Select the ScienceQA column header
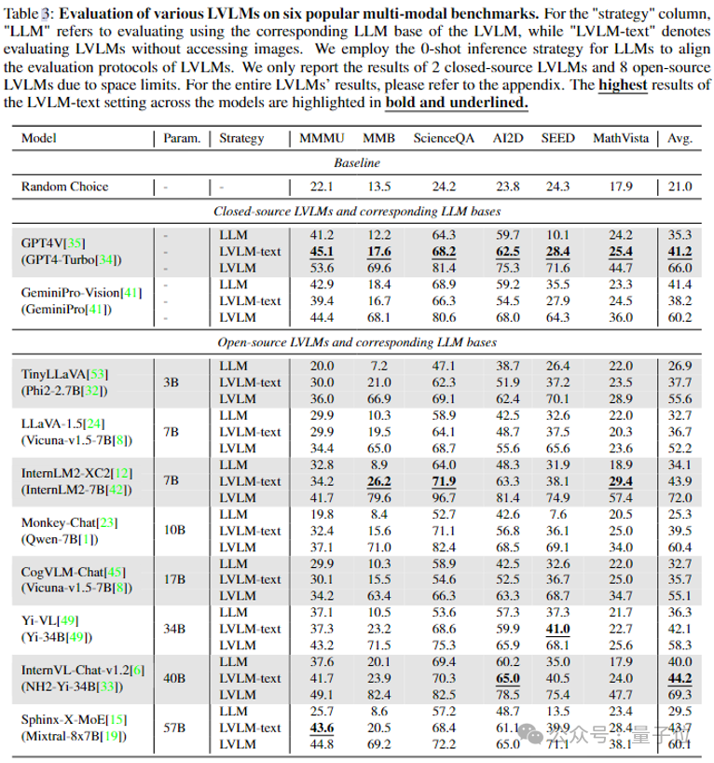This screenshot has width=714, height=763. tap(443, 139)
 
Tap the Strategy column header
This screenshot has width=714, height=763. tap(241, 139)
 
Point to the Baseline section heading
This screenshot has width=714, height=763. tap(357, 162)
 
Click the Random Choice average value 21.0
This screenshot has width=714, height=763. tap(680, 187)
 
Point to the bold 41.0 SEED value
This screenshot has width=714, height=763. tap(557, 628)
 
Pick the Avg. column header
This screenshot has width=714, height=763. tap(680, 139)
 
